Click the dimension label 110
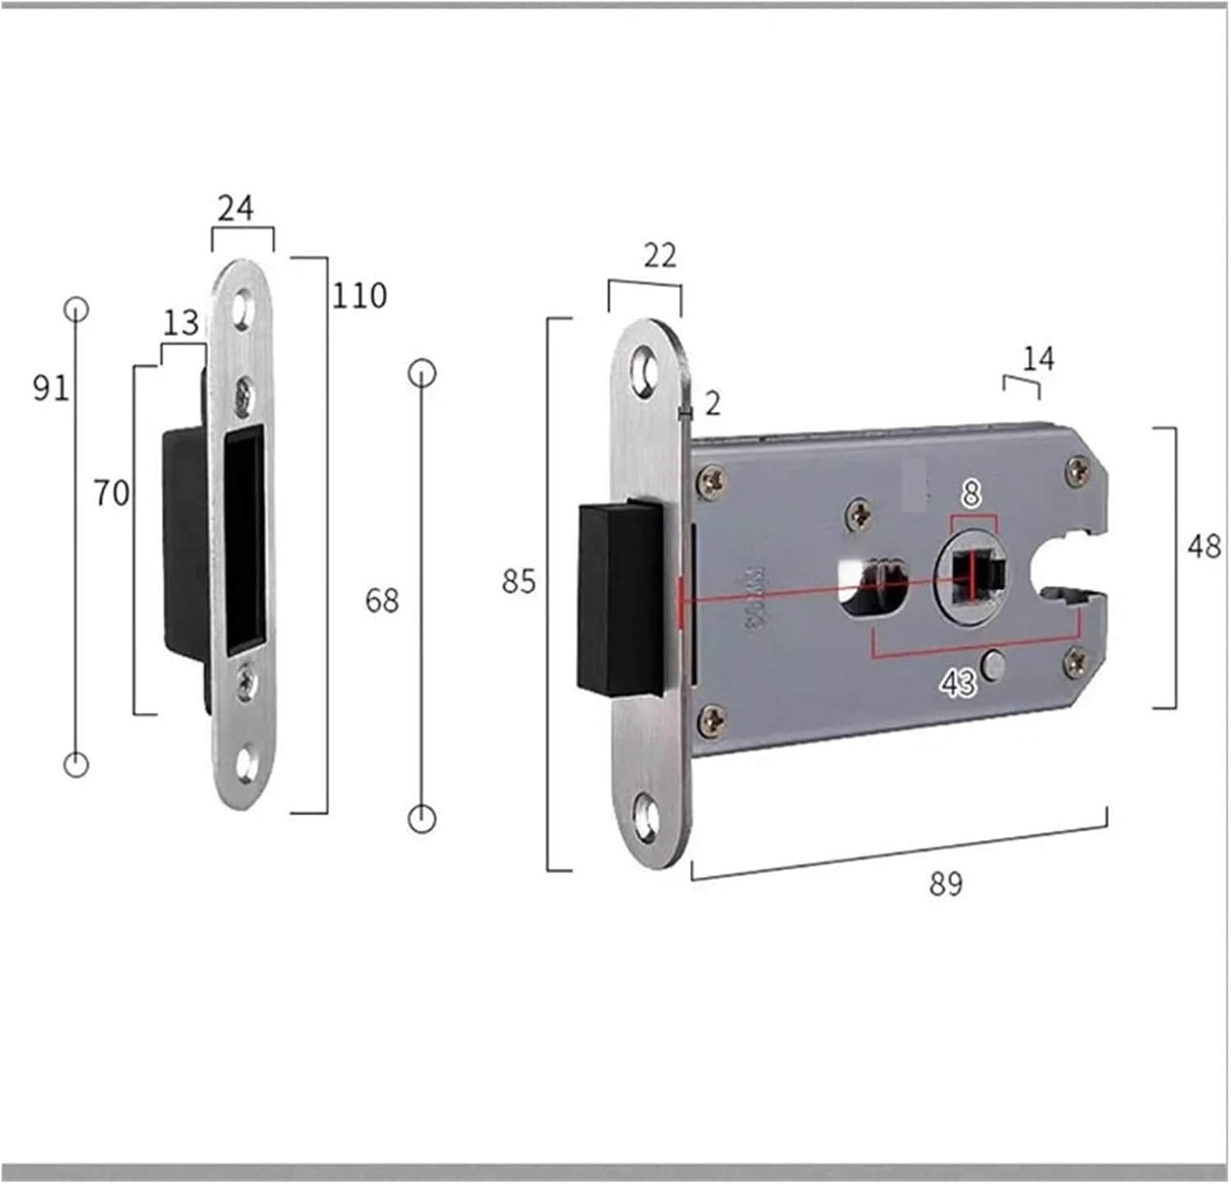tap(359, 295)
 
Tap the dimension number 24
tap(236, 209)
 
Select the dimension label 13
tap(181, 323)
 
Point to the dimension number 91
tap(51, 386)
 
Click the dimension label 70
tap(112, 493)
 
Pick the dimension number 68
tap(382, 601)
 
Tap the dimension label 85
tap(519, 582)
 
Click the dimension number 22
tap(660, 256)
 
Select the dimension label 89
tap(945, 884)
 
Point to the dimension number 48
tap(1204, 546)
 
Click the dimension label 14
tap(1038, 359)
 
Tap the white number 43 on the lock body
tap(958, 683)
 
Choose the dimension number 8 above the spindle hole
tap(972, 494)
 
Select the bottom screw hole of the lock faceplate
tap(649, 819)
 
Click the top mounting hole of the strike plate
tap(242, 309)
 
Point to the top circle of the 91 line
tap(76, 309)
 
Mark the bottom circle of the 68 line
tap(422, 819)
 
